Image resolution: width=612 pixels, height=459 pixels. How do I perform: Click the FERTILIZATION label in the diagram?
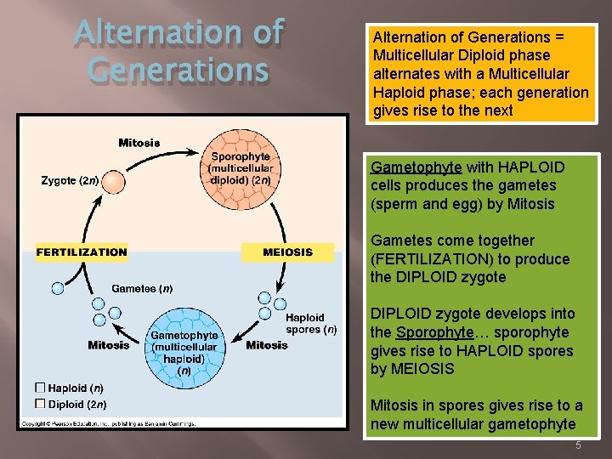tap(82, 252)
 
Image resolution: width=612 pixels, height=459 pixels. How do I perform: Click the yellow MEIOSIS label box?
tap(287, 252)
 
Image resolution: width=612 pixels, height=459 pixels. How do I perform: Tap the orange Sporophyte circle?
tap(241, 167)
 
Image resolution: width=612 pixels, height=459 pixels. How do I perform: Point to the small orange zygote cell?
tap(114, 182)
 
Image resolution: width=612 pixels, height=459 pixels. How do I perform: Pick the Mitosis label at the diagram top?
tap(139, 143)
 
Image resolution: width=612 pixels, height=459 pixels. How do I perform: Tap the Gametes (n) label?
tap(142, 289)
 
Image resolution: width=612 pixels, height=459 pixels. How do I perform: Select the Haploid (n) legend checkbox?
tap(39, 388)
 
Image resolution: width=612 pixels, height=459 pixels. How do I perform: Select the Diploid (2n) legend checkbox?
tap(39, 404)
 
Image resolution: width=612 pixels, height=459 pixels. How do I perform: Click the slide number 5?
tap(577, 445)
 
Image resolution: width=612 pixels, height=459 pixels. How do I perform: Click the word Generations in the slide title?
tap(178, 69)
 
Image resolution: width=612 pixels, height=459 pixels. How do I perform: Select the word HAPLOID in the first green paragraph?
tap(531, 167)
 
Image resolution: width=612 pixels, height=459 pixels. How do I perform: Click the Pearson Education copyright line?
tap(108, 422)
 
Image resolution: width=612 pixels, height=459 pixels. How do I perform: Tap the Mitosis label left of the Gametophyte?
tap(109, 345)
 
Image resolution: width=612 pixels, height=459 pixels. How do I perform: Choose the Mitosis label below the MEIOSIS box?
tap(267, 345)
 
